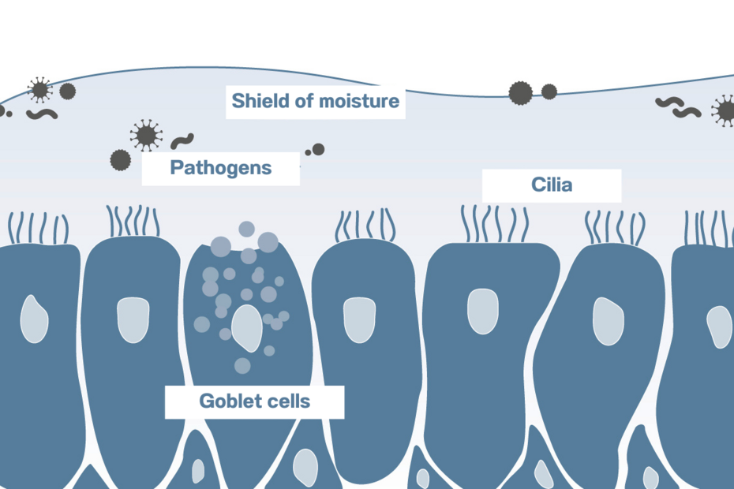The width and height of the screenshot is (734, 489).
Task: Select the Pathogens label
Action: click(221, 167)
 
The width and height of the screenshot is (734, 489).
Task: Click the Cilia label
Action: click(551, 185)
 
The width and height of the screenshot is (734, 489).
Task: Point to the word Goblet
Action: click(230, 401)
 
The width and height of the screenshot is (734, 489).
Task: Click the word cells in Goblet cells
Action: click(288, 401)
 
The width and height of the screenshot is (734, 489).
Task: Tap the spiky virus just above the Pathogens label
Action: click(145, 135)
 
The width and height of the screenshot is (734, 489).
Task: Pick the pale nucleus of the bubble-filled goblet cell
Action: click(247, 327)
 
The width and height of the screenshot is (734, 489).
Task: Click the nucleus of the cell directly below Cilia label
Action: click(482, 312)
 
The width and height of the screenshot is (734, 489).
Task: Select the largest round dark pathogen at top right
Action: click(520, 93)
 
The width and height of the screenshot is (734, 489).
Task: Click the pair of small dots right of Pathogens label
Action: click(316, 149)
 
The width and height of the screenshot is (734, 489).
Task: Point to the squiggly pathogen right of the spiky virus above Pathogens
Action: click(182, 141)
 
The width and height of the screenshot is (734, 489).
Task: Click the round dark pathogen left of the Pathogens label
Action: click(119, 160)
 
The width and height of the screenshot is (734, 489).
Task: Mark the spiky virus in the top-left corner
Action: click(39, 89)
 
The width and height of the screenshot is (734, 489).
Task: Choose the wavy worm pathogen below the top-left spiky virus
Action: click(42, 114)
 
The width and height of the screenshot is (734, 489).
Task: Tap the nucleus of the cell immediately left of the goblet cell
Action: click(132, 319)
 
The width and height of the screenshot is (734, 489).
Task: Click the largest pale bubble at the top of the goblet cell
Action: click(268, 242)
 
